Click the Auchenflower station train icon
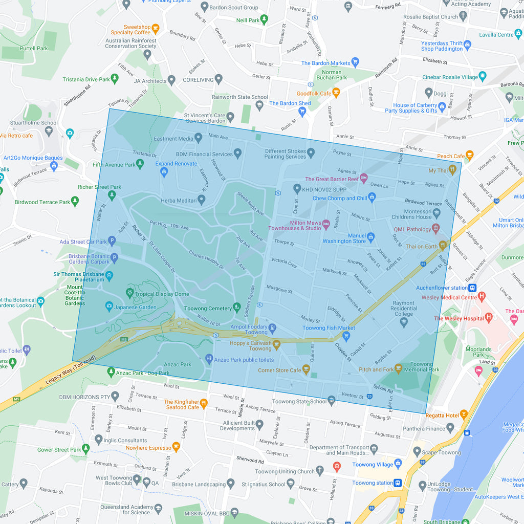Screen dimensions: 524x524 coord(472,288)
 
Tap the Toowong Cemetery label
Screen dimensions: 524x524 coord(208,309)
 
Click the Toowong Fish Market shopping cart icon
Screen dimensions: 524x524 coord(346,336)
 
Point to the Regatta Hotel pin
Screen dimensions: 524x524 coord(464,415)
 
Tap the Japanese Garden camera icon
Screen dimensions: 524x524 coord(109,307)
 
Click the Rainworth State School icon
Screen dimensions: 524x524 coord(259,105)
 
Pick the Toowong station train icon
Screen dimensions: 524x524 coord(397,483)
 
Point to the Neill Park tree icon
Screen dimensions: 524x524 coord(264,20)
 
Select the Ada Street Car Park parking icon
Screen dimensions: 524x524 coord(112,241)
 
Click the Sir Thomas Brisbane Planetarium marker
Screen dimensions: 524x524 coord(109,276)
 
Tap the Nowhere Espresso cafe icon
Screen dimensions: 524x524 coord(176,447)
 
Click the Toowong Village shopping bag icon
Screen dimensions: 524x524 coord(398,464)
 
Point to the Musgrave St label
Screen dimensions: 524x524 coord(279,290)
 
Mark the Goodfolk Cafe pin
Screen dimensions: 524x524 coord(336,93)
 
